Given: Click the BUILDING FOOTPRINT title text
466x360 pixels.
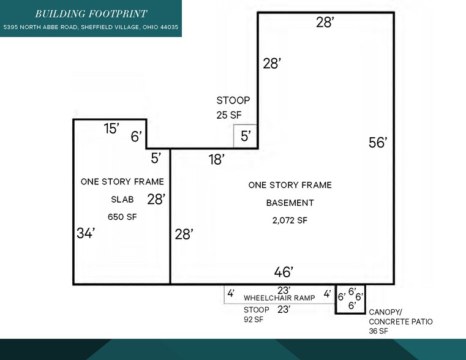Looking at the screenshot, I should [91, 13].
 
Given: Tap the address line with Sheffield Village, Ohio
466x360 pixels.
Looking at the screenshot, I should [91, 28].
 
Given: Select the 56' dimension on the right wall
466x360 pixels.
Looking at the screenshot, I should [378, 143].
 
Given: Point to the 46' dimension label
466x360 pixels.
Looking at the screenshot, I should [284, 271].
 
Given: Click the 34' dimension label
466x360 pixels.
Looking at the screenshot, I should [86, 233].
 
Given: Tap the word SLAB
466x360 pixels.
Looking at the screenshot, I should [122, 200].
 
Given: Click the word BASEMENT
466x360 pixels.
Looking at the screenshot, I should [290, 203].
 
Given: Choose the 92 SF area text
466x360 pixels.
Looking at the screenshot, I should [254, 319].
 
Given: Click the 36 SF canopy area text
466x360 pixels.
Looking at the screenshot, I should [378, 331].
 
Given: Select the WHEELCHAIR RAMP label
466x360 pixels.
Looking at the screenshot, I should [279, 298].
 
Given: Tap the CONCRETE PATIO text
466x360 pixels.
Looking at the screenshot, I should [393, 321].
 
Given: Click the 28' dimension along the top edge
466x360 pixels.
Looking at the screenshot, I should [325, 23].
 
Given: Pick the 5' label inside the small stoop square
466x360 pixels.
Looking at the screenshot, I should [245, 136].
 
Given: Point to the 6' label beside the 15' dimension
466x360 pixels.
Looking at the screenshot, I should [136, 137].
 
